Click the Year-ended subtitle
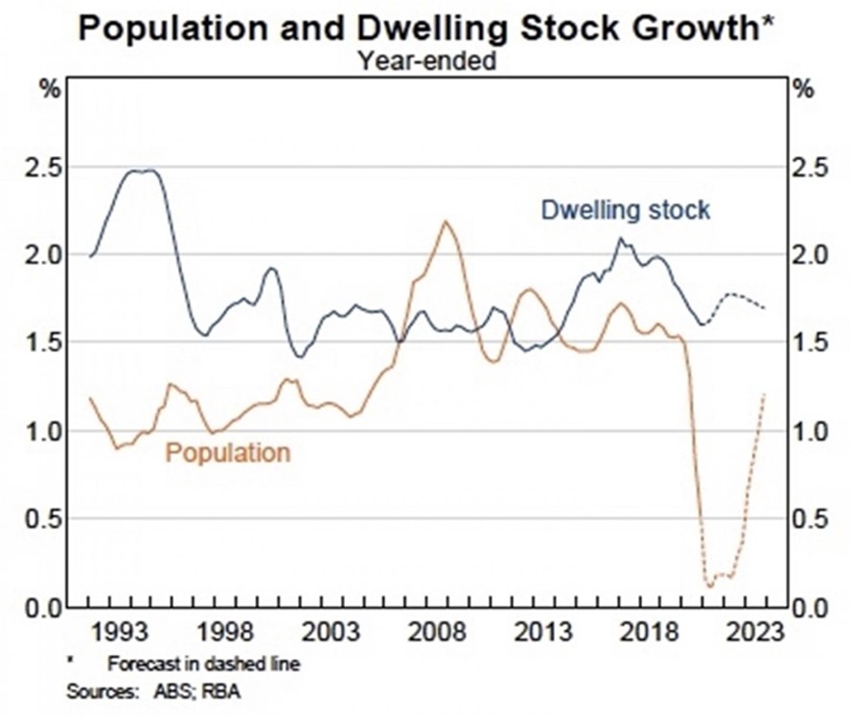[x=425, y=61]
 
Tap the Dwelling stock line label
[x=626, y=210]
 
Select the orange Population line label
[x=227, y=452]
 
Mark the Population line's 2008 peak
[x=446, y=221]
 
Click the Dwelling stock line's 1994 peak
[x=141, y=170]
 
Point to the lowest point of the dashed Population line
[x=710, y=586]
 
